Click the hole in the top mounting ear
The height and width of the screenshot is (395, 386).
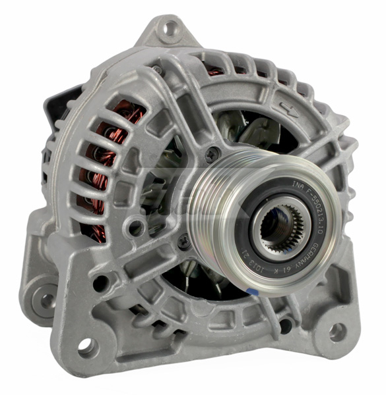click(x=170, y=28)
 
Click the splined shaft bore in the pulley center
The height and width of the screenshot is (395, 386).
click(x=278, y=228)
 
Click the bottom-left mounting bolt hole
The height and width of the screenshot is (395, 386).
click(x=86, y=344)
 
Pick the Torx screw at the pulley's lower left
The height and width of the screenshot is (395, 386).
click(x=184, y=241)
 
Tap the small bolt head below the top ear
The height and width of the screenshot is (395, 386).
click(x=156, y=68)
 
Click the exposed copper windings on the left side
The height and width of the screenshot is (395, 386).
click(x=99, y=165)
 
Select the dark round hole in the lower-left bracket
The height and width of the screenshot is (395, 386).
click(x=100, y=284)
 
